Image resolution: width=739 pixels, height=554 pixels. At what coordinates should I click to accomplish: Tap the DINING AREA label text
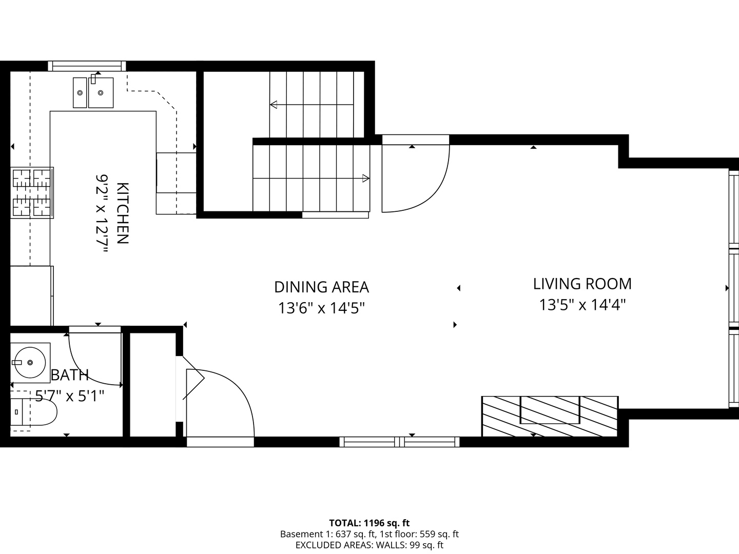tap(321, 287)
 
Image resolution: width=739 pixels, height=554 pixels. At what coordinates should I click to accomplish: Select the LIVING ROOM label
tap(582, 284)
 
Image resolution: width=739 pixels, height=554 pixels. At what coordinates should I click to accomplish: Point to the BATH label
tap(70, 375)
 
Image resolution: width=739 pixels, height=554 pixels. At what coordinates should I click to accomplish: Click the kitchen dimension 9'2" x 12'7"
tap(103, 213)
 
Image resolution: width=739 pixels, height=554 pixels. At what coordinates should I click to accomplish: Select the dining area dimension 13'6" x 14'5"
tap(321, 308)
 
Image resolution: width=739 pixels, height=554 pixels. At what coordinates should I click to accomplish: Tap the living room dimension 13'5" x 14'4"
tap(582, 305)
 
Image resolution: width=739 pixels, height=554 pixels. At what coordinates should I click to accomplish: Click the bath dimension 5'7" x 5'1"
tap(70, 396)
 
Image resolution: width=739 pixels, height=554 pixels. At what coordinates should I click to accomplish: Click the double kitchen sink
tap(93, 92)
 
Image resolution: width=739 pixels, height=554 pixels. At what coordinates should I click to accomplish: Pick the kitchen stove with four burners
tap(32, 192)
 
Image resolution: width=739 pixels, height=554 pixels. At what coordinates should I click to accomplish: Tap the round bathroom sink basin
tap(30, 362)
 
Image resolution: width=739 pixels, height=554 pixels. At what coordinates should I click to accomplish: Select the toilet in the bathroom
tap(33, 412)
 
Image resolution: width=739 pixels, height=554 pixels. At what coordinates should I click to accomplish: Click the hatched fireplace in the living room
tap(549, 416)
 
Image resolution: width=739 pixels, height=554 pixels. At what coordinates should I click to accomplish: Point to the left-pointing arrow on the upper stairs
tap(274, 105)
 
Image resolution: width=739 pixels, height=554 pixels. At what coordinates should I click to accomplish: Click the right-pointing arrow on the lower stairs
tap(365, 179)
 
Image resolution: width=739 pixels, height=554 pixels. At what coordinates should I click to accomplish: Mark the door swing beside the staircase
tap(416, 177)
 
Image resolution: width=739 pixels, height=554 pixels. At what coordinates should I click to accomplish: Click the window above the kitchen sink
tap(87, 66)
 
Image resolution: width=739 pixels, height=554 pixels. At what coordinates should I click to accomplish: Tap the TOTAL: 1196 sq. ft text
tap(369, 523)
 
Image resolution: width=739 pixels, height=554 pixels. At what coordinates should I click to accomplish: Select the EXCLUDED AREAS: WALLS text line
tap(369, 545)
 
